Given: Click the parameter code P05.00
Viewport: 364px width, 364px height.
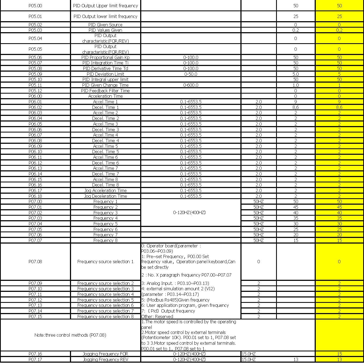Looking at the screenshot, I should pos(35,6).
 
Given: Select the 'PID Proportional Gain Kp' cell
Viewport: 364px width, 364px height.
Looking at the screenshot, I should pos(105,57).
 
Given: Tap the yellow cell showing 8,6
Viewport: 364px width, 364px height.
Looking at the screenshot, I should pos(339,107).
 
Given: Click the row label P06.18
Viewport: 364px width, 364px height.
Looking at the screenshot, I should pos(35,196).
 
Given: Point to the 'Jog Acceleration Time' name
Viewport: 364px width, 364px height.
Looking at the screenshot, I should pos(105,190).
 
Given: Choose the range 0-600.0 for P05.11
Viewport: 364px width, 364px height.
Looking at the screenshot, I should pos(191,85).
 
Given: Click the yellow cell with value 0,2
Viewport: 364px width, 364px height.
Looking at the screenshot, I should pos(339,30).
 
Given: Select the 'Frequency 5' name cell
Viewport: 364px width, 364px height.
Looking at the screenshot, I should pos(105,224).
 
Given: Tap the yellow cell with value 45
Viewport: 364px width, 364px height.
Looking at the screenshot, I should pos(339,207).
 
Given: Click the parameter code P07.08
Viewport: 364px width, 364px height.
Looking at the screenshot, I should pos(35,262).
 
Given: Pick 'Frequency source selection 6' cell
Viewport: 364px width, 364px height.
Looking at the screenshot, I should pos(105,305).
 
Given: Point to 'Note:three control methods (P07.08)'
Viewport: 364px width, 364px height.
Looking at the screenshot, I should pos(70,335).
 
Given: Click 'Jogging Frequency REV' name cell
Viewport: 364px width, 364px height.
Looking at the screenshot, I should pos(105,359).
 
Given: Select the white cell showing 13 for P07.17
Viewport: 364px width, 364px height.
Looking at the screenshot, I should pos(295,359).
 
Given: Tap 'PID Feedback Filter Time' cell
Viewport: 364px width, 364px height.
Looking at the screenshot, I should pos(105,91).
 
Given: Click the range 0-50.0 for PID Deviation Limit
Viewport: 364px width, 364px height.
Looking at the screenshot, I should pos(191,74).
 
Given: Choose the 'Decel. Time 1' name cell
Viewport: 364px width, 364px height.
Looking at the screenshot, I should pos(105,107).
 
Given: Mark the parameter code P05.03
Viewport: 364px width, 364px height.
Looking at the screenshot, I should pos(35,30).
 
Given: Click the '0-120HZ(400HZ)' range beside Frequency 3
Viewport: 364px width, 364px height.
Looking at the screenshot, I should pos(189,212).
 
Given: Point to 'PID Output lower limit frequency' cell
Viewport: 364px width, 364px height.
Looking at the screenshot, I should pos(105,16).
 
